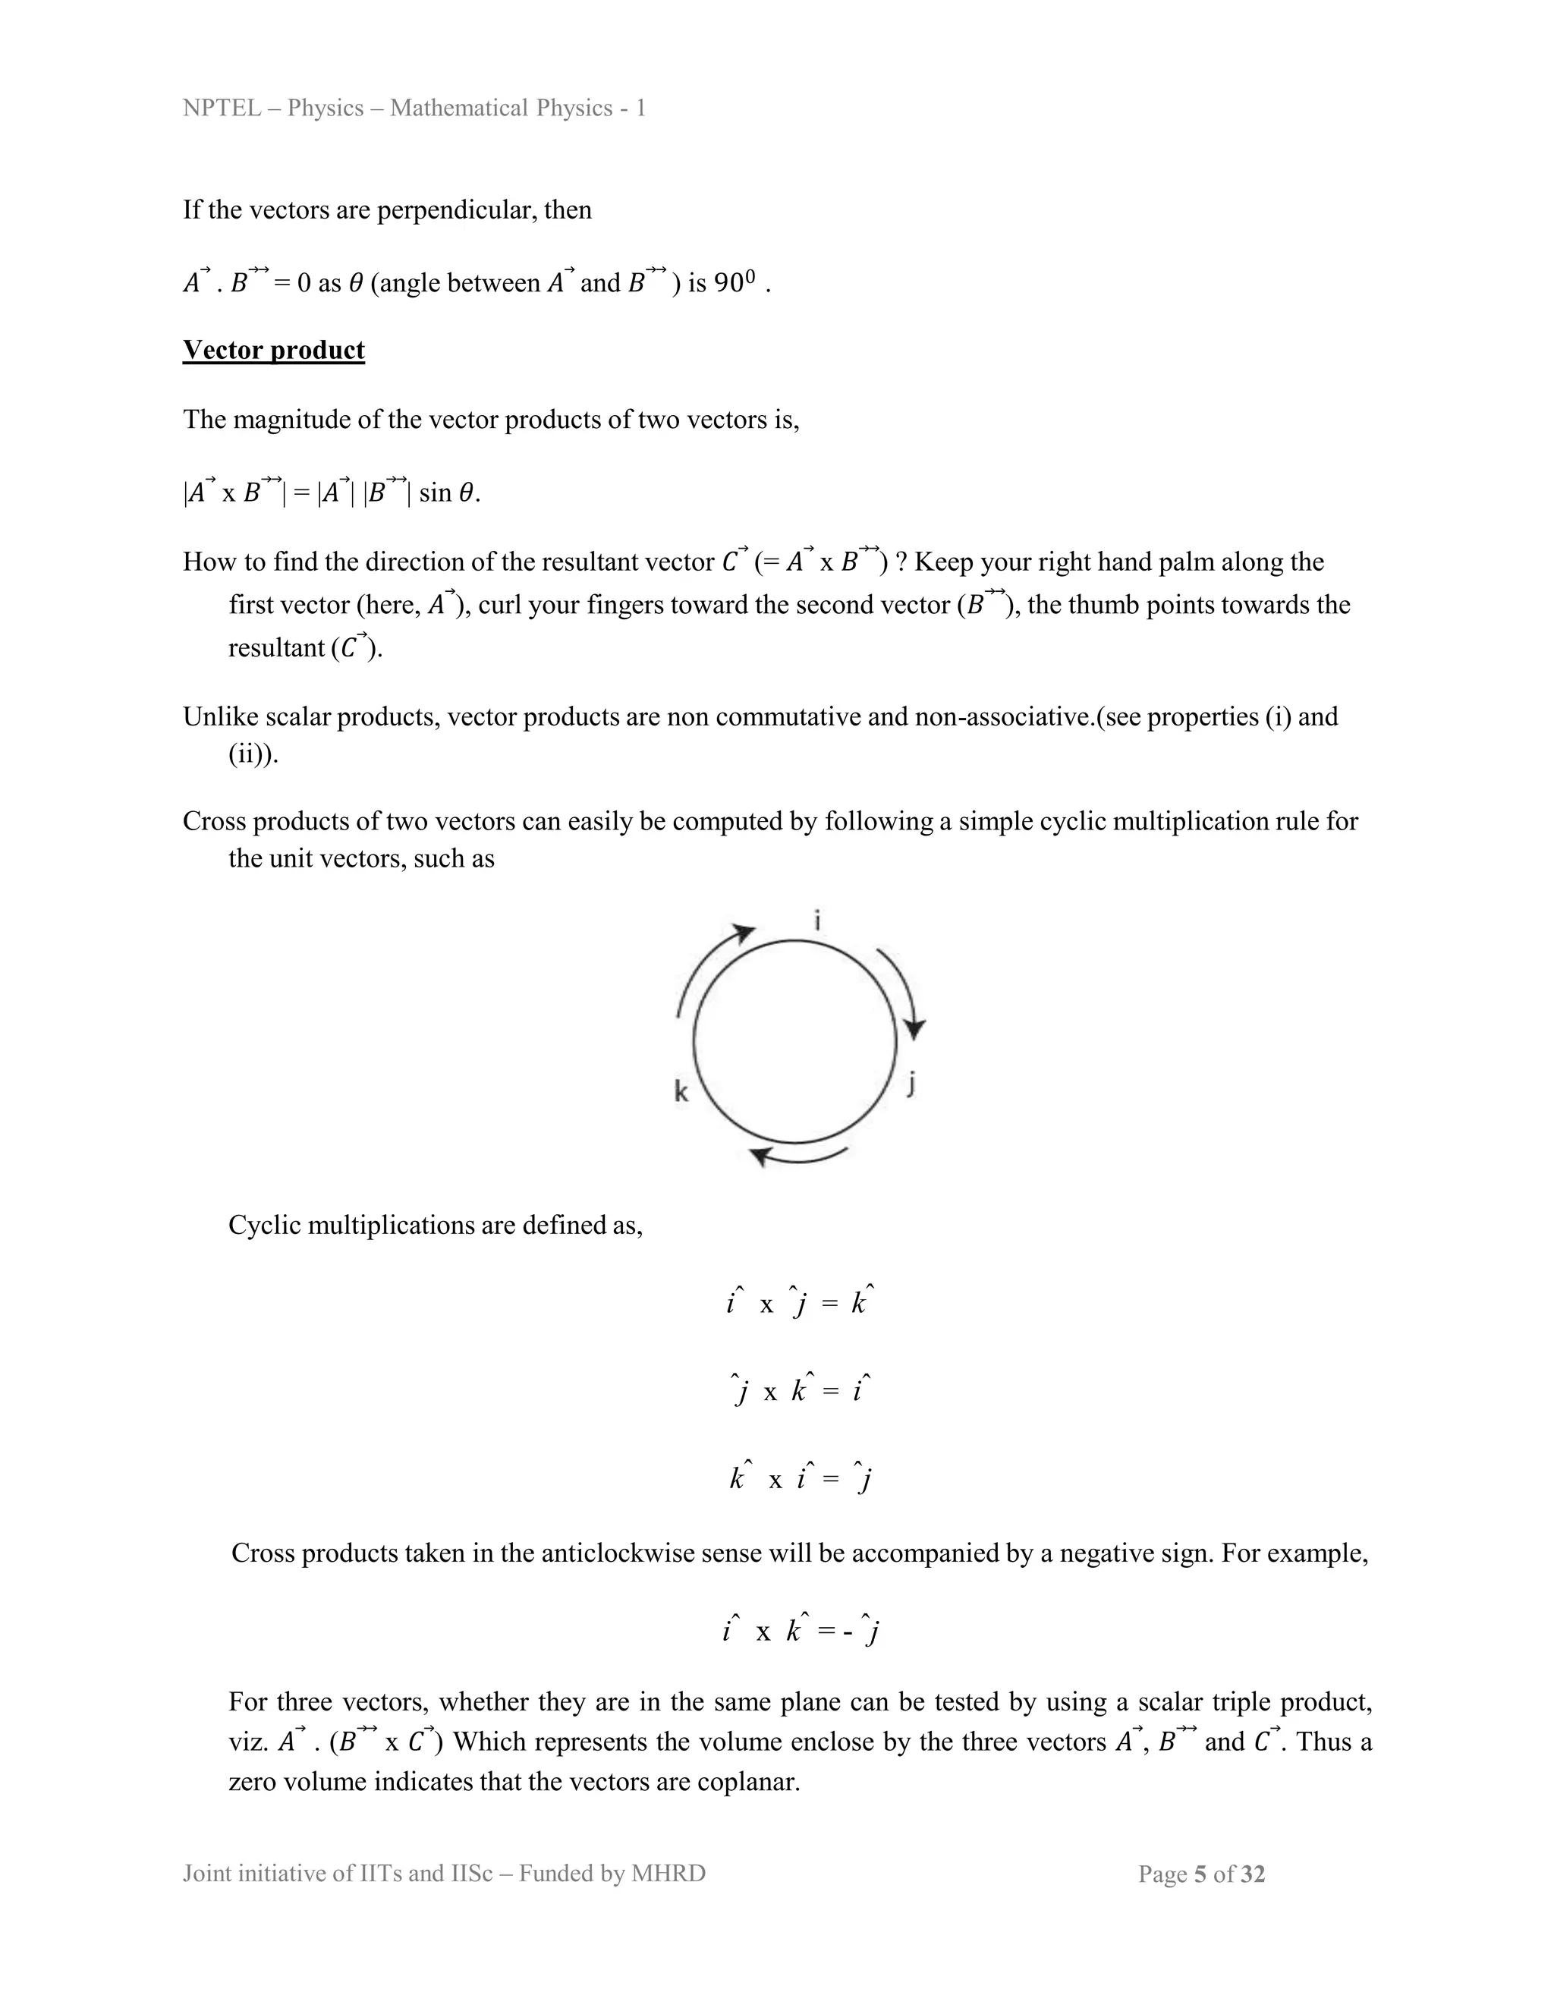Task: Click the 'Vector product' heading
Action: pos(273,350)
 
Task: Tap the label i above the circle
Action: pos(817,920)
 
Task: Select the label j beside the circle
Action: pos(911,1084)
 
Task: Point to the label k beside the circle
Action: pos(681,1092)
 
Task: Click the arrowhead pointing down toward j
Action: pos(914,1028)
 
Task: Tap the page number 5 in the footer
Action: pos(1200,1874)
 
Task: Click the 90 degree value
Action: pos(735,284)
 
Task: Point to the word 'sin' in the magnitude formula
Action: pos(435,493)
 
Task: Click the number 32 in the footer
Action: pos(1253,1874)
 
